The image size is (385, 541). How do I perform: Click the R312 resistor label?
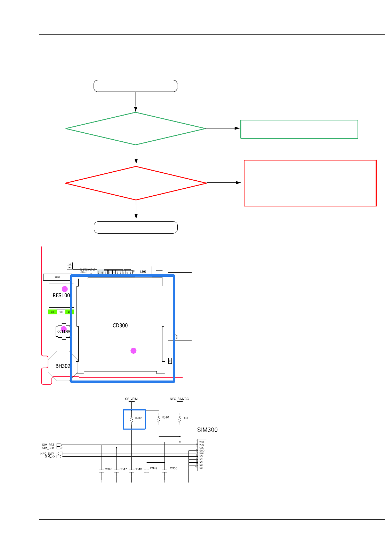[x=139, y=418]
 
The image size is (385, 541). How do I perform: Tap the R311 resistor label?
[x=186, y=418]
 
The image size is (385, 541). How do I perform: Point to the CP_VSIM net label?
[x=131, y=399]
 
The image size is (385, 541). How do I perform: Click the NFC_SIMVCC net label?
[x=179, y=399]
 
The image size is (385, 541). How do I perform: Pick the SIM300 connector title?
[x=207, y=430]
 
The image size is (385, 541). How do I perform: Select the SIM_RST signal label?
[x=48, y=445]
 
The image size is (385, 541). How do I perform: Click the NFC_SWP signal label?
[x=47, y=454]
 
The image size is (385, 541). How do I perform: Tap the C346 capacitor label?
[x=109, y=469]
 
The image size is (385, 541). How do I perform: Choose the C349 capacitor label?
[x=154, y=468]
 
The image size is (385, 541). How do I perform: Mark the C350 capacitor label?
[x=174, y=468]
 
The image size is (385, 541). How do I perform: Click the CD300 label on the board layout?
[x=120, y=326]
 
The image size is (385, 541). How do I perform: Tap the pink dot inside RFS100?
[x=65, y=289]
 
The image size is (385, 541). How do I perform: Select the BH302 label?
[x=63, y=366]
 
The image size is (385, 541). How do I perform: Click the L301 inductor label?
[x=143, y=272]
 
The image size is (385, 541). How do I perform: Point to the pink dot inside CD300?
[x=134, y=351]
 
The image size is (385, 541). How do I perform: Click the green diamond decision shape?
[x=136, y=128]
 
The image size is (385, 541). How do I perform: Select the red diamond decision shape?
[x=136, y=183]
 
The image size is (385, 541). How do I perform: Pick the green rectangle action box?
[x=299, y=129]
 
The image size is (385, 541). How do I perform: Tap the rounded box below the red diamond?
[x=136, y=227]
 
